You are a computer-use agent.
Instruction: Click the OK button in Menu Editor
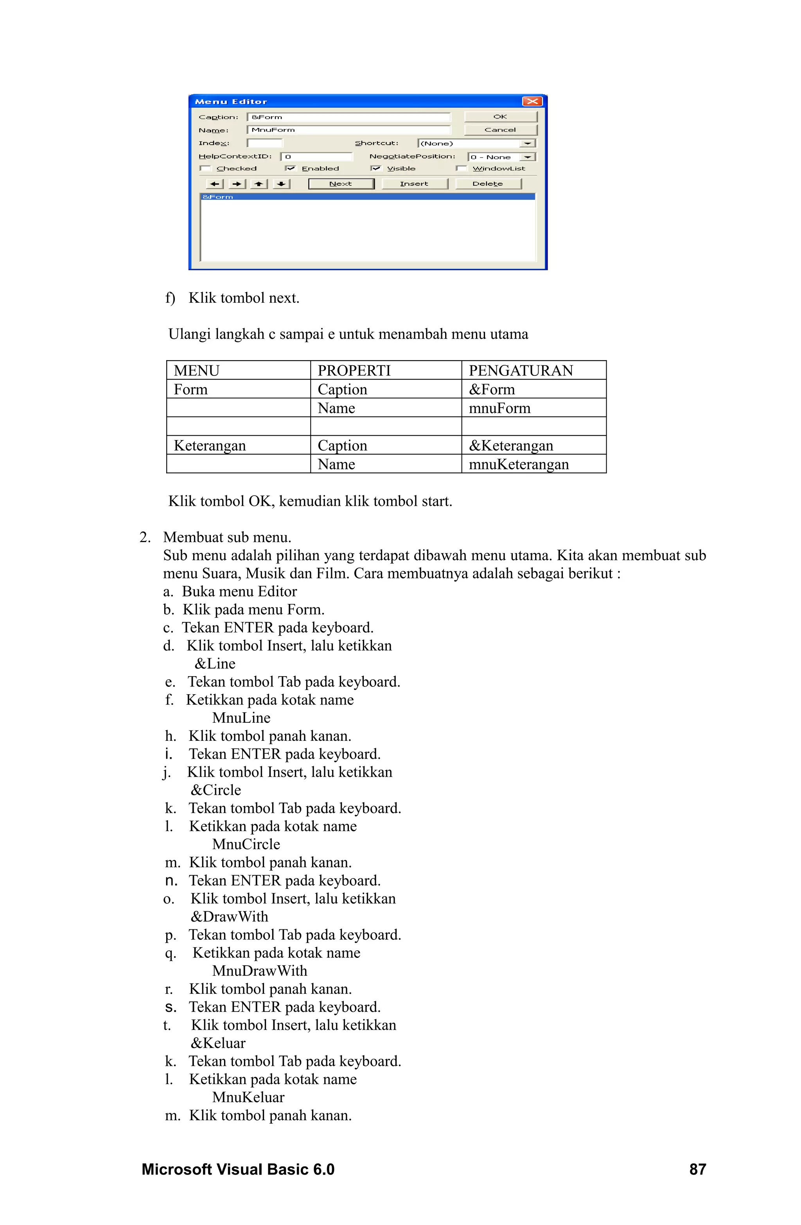tap(500, 117)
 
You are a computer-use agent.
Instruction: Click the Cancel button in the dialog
tap(500, 130)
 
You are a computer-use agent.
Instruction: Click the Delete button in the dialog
tap(487, 184)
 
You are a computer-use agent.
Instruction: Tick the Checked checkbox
tap(206, 168)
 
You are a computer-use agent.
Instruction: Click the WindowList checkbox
tap(461, 168)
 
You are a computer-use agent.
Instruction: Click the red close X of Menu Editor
tap(532, 101)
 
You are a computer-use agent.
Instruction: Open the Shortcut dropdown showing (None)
tap(528, 144)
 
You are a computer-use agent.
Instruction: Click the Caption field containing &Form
tap(348, 117)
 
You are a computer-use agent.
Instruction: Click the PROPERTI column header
tap(354, 370)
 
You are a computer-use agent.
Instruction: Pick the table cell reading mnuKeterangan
tap(518, 464)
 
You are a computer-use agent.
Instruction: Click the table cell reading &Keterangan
tap(511, 446)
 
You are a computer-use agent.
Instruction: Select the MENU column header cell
tap(197, 370)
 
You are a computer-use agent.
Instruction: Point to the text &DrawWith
tap(229, 917)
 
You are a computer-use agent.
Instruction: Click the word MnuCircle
tap(246, 844)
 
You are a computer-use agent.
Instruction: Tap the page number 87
tap(697, 1169)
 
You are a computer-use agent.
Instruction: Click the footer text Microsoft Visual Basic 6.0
tap(238, 1169)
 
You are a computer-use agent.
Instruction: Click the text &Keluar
tap(218, 1043)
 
